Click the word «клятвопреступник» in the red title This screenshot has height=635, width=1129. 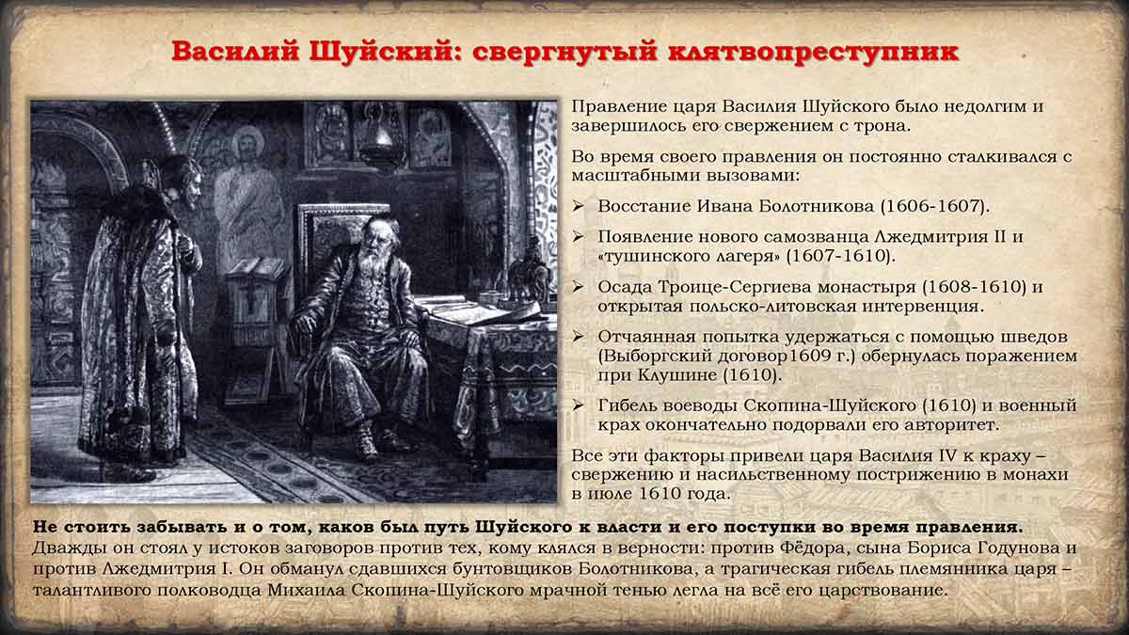[x=814, y=53]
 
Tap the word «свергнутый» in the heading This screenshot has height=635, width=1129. [x=565, y=53]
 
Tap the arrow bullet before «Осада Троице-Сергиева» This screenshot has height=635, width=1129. [x=578, y=287]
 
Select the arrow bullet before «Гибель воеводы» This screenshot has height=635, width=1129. [x=578, y=405]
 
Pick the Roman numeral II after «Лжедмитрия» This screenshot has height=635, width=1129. [x=1000, y=237]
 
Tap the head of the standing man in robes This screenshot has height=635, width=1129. [x=183, y=183]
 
